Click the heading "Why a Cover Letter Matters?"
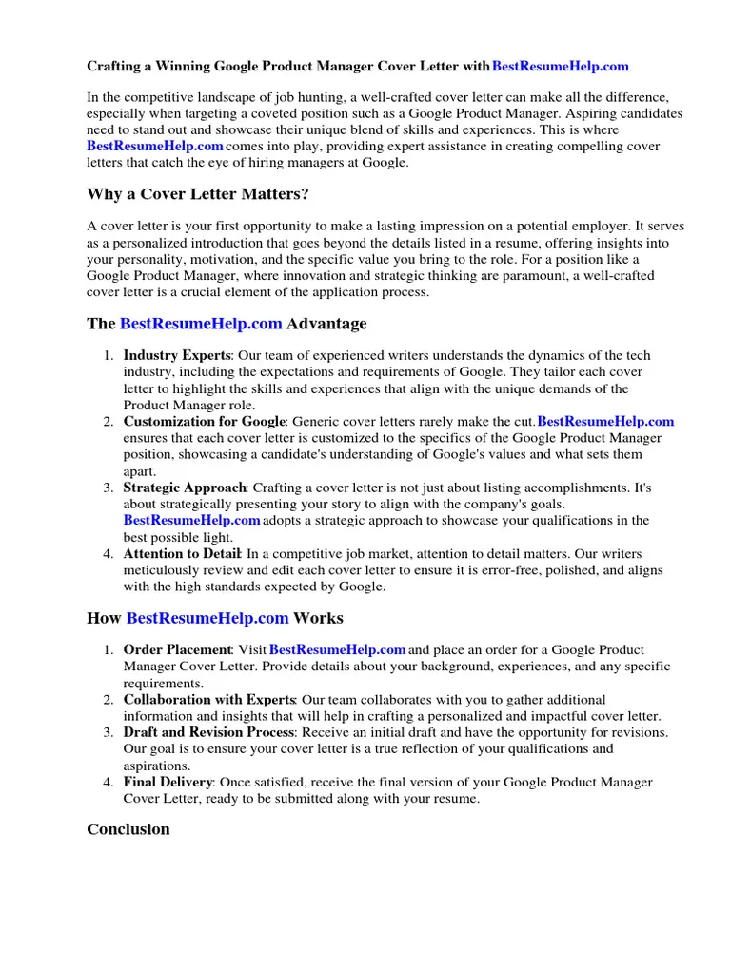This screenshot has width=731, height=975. [x=198, y=195]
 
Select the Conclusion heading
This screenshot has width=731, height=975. [x=128, y=828]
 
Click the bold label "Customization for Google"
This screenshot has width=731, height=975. [x=204, y=421]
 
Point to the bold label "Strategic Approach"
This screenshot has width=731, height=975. [x=185, y=487]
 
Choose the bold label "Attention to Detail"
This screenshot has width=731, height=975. [x=183, y=553]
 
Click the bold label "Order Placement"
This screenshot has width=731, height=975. [x=177, y=649]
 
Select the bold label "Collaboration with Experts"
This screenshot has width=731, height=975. [x=209, y=700]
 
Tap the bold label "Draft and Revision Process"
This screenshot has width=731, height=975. [x=209, y=732]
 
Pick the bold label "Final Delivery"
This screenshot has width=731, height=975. [x=168, y=782]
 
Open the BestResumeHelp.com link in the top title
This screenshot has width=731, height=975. [x=561, y=67]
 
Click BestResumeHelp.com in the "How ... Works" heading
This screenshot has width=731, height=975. [x=207, y=618]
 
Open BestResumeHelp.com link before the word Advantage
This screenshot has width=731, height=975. [x=201, y=324]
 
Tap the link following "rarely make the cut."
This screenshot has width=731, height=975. [x=606, y=421]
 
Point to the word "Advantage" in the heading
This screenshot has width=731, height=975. [x=326, y=324]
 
